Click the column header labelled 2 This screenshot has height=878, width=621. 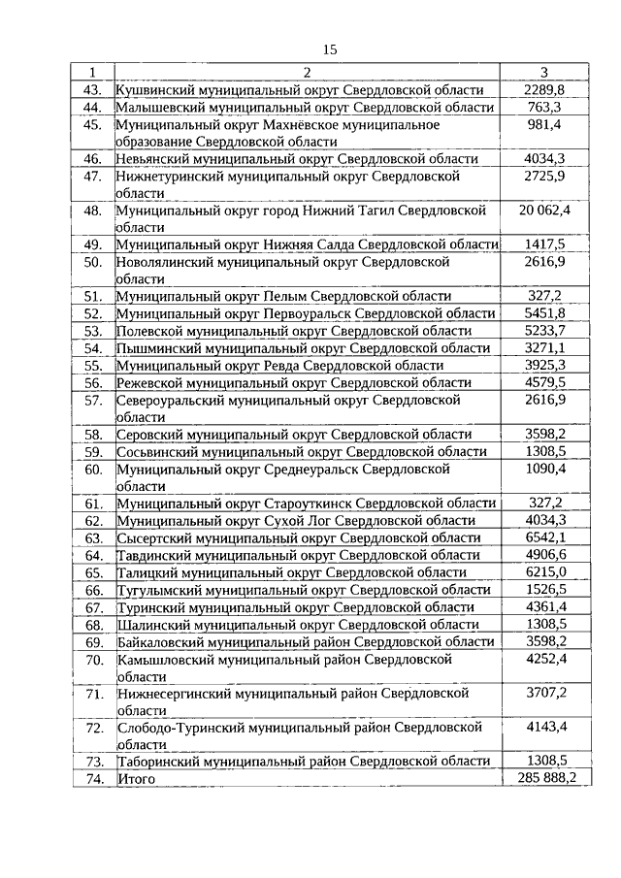(307, 73)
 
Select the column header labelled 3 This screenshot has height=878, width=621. (543, 73)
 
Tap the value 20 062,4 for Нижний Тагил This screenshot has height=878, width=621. (544, 211)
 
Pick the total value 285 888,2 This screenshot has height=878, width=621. (544, 779)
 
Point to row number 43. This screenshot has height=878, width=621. (93, 90)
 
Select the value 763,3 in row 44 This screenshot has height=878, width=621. (544, 108)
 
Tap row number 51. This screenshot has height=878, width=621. (93, 297)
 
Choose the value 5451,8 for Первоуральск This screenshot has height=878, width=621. (544, 314)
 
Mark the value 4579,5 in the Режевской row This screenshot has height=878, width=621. (544, 383)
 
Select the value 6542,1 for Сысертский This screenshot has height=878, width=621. (544, 538)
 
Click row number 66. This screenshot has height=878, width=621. (93, 590)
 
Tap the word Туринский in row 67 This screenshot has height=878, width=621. (148, 607)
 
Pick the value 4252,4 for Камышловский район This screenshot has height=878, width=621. (544, 660)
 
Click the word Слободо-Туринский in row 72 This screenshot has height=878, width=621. (174, 728)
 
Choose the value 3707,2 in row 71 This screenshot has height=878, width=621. (544, 694)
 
